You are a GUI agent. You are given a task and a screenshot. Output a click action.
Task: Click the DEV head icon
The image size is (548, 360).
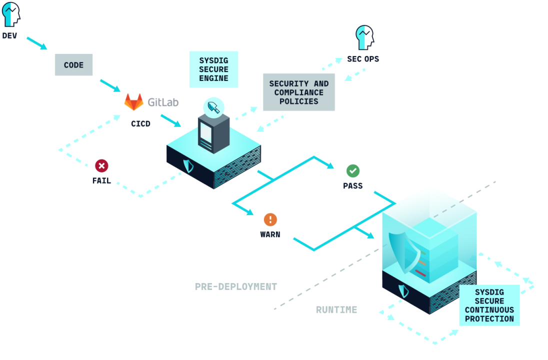pos(11,14)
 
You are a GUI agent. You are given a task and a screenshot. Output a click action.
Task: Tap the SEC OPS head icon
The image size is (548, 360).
pos(364,38)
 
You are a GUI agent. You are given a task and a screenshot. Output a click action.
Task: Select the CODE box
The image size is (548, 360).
pos(73,65)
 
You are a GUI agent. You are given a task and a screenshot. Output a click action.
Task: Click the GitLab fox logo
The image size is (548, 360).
pos(133,102)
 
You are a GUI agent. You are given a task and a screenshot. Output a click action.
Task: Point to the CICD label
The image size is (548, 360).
pos(140,123)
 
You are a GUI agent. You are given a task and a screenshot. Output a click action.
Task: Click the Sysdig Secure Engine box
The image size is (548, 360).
pos(213,69)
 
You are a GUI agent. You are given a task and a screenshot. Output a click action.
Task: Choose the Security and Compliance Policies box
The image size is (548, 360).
pos(298,92)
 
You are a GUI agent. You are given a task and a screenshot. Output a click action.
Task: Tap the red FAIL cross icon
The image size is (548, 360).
pos(101,166)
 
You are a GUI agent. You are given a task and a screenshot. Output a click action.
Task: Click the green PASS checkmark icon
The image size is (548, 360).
pos(352,171)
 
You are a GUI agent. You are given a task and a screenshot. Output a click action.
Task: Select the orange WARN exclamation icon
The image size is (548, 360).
pos(270,219)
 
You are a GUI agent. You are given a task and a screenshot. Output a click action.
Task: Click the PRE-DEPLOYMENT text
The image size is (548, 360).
pos(235,287)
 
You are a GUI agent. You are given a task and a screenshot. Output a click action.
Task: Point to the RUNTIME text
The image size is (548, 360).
pos(336,310)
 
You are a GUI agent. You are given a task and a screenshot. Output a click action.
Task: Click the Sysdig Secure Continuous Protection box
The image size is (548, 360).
pos(489,305)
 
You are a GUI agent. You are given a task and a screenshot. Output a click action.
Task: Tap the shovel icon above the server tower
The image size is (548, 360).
pos(213,106)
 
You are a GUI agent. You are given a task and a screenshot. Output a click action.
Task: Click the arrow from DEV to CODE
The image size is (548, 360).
pos(36,43)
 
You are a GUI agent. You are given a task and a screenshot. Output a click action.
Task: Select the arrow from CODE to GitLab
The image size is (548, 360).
pos(110,85)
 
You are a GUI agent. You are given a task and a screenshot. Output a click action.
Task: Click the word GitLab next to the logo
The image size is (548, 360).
pos(163,102)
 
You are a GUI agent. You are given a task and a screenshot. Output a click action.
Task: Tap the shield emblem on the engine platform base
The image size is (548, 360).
pos(188,165)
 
